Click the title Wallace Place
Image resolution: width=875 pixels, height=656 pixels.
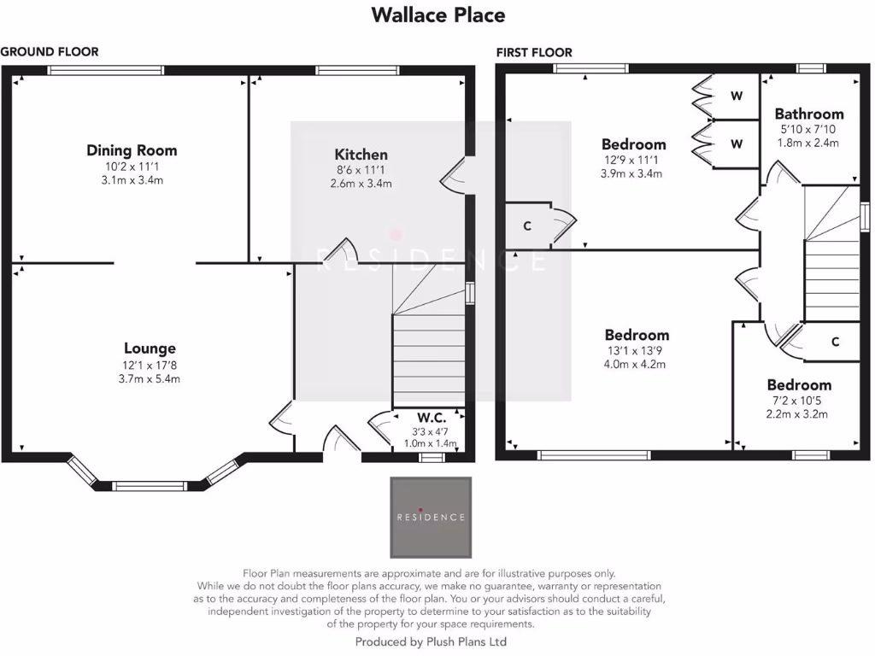point(438,15)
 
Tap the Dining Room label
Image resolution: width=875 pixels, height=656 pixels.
point(132,150)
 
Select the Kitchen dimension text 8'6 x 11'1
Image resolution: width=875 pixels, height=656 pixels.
point(361,169)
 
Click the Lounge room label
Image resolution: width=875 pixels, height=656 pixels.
point(150,348)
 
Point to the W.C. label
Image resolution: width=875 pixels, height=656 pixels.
point(432,418)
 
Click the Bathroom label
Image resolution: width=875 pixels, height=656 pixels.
point(808,114)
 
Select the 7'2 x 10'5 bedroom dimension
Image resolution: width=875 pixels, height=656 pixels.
point(799,400)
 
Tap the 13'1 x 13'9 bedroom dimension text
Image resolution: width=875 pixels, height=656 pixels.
point(637,350)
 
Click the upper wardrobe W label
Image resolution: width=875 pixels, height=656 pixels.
point(736,97)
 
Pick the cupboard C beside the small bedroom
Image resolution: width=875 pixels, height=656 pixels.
point(835,342)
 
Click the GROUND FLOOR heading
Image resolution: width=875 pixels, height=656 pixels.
point(50,51)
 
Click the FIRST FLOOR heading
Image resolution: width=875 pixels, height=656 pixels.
point(534,52)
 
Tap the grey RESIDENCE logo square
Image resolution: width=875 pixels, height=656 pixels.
point(431,517)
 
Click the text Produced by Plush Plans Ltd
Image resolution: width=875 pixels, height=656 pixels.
point(431,641)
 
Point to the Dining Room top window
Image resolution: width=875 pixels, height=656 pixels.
point(106,71)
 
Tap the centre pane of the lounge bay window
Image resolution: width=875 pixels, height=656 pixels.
point(150,486)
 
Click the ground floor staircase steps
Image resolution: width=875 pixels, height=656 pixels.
point(427,359)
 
